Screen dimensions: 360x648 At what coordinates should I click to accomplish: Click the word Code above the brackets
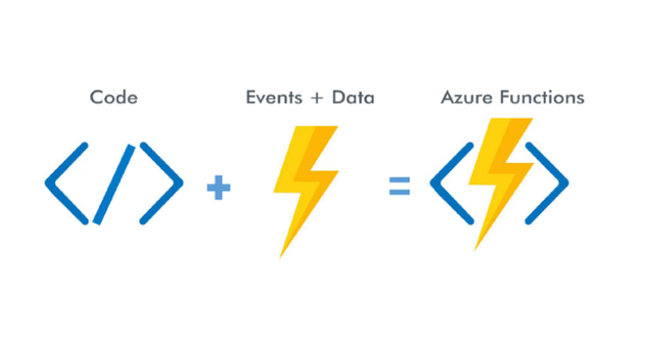[x=114, y=97]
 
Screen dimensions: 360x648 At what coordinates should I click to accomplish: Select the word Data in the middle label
[x=354, y=97]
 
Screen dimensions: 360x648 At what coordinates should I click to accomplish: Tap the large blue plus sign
[x=219, y=188]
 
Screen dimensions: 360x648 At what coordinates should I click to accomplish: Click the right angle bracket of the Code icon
[x=162, y=183]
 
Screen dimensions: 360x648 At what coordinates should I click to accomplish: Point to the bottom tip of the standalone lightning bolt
[x=282, y=255]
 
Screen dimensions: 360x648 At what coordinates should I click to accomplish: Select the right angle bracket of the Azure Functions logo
[x=548, y=183]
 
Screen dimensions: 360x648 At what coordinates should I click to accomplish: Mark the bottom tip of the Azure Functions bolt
[x=477, y=247]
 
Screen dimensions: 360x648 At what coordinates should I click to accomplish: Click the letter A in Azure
[x=447, y=97]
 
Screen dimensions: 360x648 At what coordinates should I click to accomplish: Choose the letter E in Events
[x=251, y=97]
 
